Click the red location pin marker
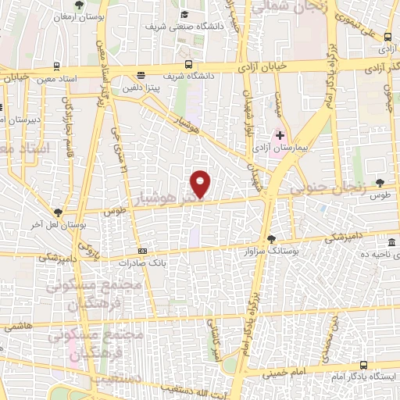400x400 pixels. click(201, 184)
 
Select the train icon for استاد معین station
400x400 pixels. click(57, 66)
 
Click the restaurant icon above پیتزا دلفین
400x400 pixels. click(140, 75)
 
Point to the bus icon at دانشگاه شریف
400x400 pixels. click(187, 65)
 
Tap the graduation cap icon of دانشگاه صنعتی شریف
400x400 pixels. click(184, 15)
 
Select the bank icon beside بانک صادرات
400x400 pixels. click(141, 251)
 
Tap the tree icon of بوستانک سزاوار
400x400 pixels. click(270, 239)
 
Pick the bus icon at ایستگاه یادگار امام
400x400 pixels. click(363, 365)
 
